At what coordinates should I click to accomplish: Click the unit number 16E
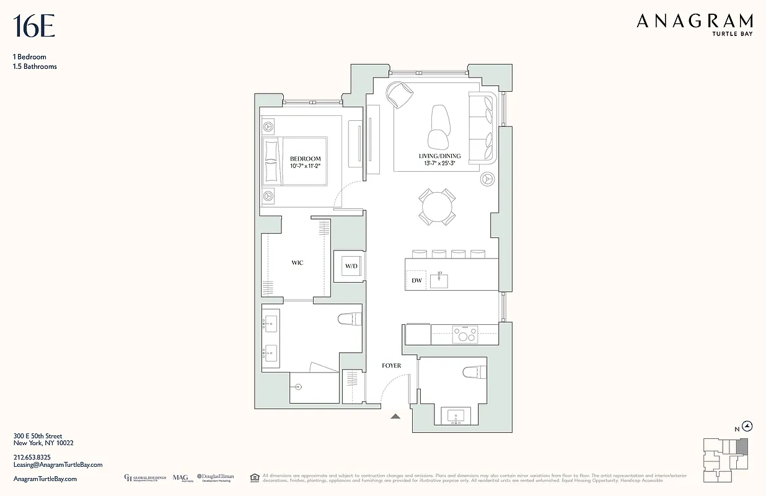(34, 27)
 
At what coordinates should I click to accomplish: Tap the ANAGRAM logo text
(695, 22)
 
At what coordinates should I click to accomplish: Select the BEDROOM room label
(306, 159)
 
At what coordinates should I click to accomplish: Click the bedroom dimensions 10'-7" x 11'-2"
(306, 166)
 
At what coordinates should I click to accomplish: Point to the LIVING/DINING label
(439, 156)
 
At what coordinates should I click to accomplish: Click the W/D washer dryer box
(351, 267)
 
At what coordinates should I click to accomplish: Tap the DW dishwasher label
(416, 281)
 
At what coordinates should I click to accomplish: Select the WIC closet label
(297, 263)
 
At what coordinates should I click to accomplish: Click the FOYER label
(391, 366)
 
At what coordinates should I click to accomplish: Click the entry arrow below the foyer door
(395, 417)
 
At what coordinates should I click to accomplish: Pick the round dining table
(438, 206)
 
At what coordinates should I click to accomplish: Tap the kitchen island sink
(441, 279)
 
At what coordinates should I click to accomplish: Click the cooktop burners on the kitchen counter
(464, 334)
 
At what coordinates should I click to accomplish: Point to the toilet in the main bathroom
(350, 319)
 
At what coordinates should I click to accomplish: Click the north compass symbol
(747, 426)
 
